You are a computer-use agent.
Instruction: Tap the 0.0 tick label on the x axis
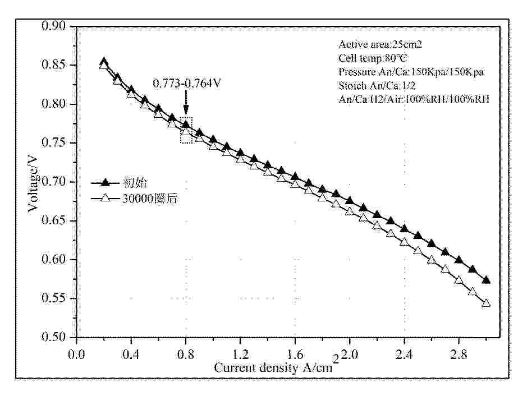pos(76,354)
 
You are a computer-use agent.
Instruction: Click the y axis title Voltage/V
pos(34,182)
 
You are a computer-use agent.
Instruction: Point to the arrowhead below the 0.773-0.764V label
pos(186,113)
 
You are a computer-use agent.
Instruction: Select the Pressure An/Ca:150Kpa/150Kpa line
pos(411,72)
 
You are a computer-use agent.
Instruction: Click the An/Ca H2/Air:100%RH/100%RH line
pos(414,99)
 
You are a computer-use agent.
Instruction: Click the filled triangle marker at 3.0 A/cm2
pos(486,280)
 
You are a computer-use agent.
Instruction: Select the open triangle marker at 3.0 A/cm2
pos(486,303)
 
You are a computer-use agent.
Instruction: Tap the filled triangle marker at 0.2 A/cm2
pos(104,62)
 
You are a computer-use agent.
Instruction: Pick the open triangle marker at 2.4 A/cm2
pos(404,242)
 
